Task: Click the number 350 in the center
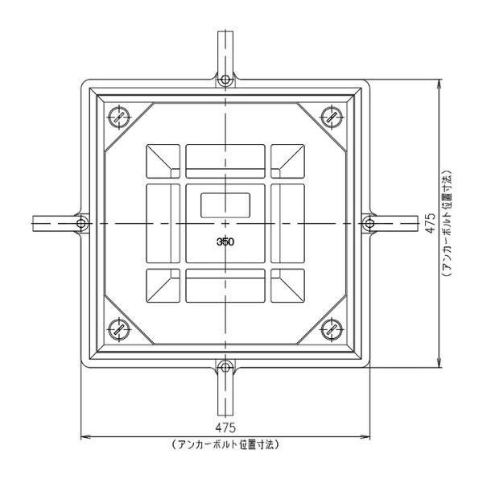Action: pos(225,242)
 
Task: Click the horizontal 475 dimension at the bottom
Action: pos(225,427)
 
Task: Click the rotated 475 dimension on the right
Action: pos(431,223)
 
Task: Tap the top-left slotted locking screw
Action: pos(118,117)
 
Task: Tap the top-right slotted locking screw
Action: pos(332,117)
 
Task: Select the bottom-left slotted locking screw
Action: pos(118,330)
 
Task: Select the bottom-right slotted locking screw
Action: pos(332,330)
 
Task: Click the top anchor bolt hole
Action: pos(225,80)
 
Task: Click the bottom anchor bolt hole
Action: pos(225,368)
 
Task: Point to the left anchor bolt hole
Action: pos(81,223)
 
